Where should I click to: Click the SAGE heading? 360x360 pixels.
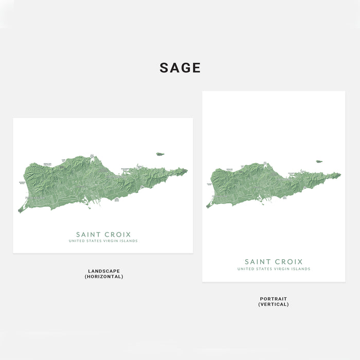click(180, 68)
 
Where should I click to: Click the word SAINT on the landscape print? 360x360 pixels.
click(90, 235)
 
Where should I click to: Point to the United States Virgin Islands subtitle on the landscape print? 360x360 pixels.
click(103, 241)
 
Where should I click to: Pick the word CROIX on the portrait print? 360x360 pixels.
click(289, 262)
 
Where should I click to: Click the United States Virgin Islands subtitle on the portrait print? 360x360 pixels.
click(274, 269)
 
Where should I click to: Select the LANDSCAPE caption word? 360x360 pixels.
click(104, 271)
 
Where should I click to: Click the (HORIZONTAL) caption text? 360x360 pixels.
click(104, 277)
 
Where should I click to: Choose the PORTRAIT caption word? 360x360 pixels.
click(274, 299)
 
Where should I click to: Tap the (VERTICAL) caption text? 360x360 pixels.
click(274, 304)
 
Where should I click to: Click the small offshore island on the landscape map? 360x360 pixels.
click(160, 154)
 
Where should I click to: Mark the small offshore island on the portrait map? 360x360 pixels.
click(319, 161)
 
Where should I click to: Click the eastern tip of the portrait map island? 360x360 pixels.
click(340, 174)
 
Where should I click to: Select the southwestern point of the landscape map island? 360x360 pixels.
click(20, 211)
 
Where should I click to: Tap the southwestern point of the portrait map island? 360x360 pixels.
click(207, 207)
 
